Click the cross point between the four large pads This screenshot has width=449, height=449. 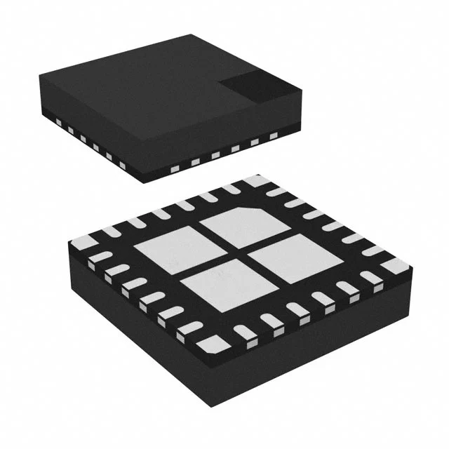click(x=228, y=255)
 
